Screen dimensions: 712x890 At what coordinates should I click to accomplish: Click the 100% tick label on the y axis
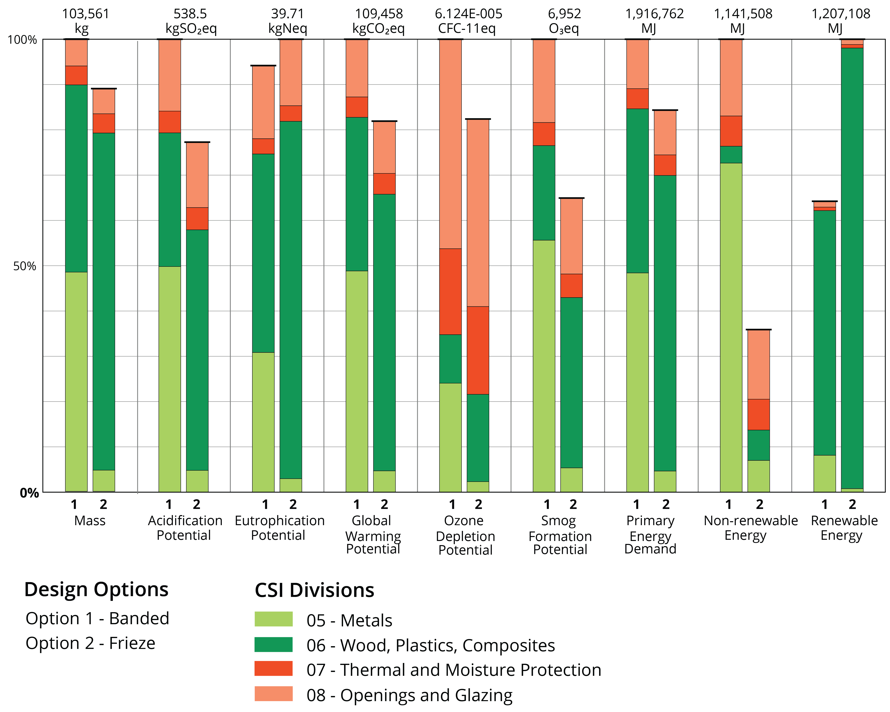[x=22, y=40]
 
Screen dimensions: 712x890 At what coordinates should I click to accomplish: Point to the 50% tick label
[x=25, y=266]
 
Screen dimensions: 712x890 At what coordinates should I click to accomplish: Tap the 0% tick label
[x=29, y=493]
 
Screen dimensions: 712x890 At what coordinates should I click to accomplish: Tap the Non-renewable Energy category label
[x=750, y=528]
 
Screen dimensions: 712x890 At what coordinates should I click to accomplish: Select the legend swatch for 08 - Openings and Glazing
[x=273, y=693]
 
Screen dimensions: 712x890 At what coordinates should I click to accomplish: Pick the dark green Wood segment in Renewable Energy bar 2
[x=852, y=268]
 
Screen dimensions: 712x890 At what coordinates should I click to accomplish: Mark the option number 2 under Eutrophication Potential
[x=293, y=504]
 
